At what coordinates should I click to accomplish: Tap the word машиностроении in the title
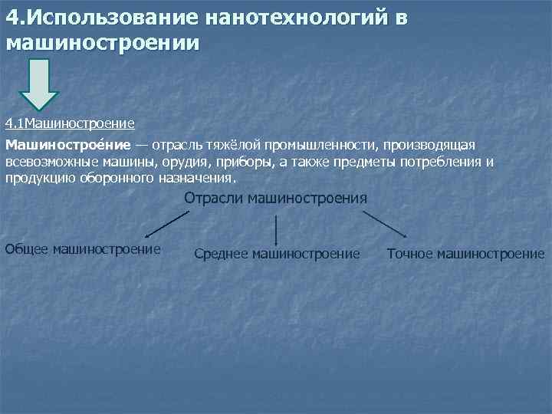pyautogui.click(x=102, y=43)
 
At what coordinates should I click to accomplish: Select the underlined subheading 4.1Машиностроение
pyautogui.click(x=70, y=123)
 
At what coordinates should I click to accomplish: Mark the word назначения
pyautogui.click(x=195, y=179)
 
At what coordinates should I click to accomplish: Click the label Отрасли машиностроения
pyautogui.click(x=276, y=198)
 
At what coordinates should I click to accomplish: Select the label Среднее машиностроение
pyautogui.click(x=278, y=253)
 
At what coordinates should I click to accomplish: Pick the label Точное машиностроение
pyautogui.click(x=466, y=253)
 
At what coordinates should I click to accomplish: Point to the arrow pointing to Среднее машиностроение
pyautogui.click(x=276, y=230)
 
